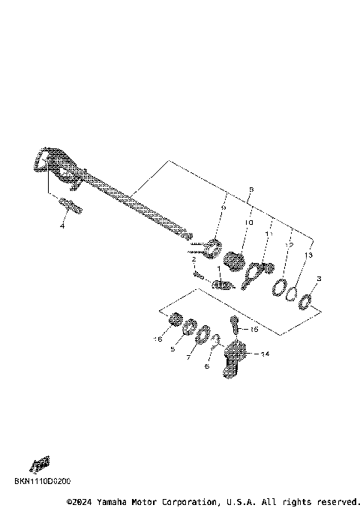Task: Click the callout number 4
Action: pyautogui.click(x=63, y=226)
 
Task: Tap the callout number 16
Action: pyautogui.click(x=157, y=339)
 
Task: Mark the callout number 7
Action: pyautogui.click(x=189, y=358)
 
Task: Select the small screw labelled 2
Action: pyautogui.click(x=198, y=274)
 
